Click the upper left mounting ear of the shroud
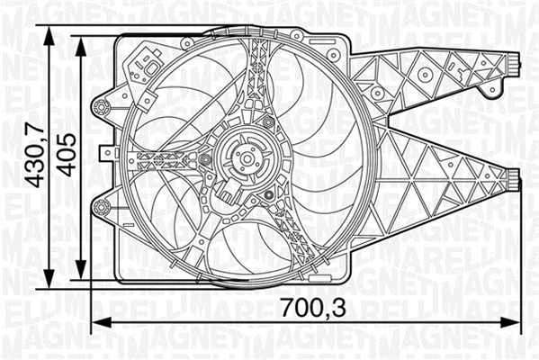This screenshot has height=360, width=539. (102, 108)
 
